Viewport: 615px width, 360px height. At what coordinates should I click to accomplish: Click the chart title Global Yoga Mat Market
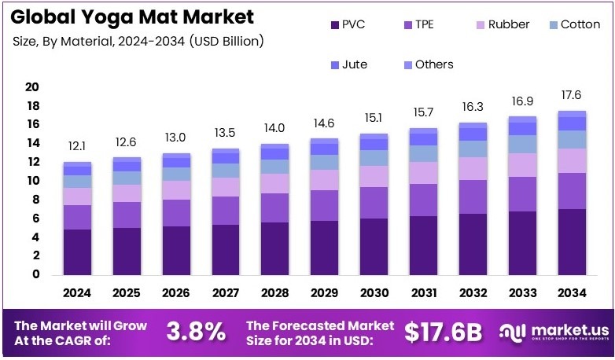134,17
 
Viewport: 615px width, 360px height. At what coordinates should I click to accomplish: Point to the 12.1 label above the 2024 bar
77,147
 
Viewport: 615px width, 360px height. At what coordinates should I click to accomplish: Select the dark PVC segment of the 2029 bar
324,248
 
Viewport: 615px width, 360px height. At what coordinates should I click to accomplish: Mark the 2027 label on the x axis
226,292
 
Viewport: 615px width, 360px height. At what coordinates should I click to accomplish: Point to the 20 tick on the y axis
32,86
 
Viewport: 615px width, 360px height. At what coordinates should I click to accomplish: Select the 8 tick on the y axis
35,200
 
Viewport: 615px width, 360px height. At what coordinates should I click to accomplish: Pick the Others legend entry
433,64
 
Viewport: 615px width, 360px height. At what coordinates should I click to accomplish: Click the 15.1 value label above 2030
373,119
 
